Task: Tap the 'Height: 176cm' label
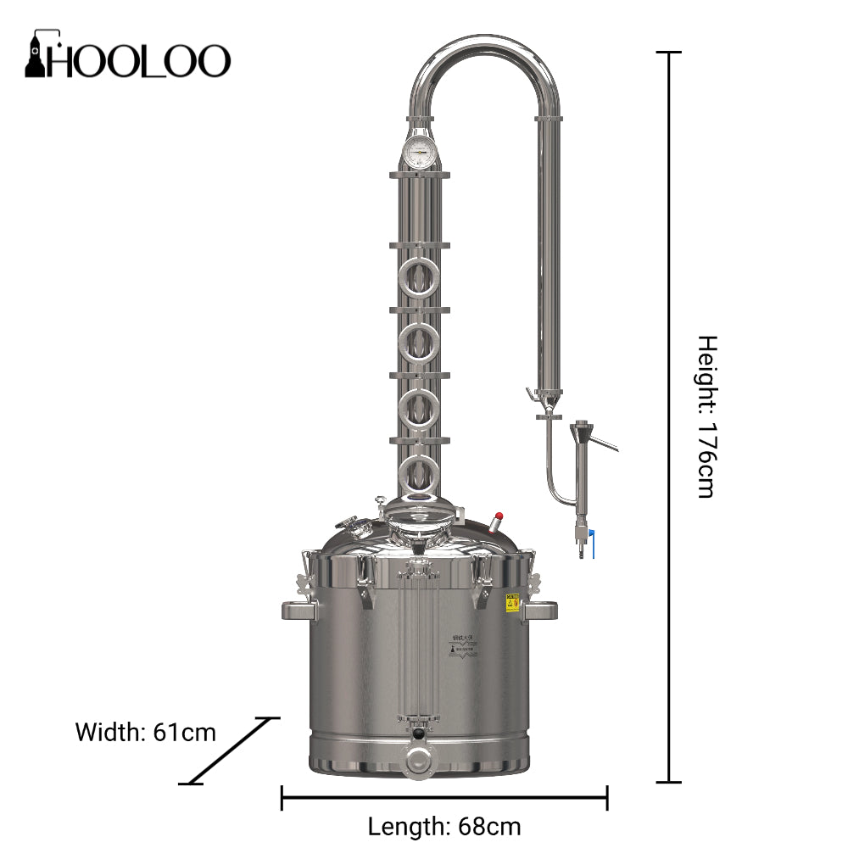[706, 416]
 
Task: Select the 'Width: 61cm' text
[146, 732]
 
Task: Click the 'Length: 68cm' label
[444, 825]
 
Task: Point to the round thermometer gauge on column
[419, 154]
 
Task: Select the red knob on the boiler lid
[499, 516]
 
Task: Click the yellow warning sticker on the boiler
[512, 603]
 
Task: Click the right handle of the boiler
[539, 609]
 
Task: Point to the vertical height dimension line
[670, 416]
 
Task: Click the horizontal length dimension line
[444, 797]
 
